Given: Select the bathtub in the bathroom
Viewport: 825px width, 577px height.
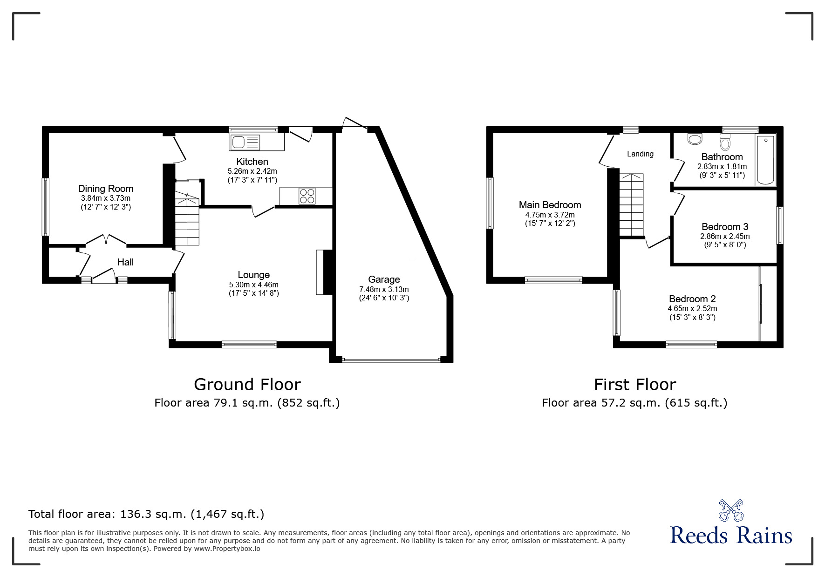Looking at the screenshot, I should click(766, 160).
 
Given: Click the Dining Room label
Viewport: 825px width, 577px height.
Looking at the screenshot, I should click(106, 189).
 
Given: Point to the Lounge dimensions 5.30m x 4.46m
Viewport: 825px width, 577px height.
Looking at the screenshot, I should click(254, 285).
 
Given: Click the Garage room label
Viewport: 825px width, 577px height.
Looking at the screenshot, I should click(384, 279).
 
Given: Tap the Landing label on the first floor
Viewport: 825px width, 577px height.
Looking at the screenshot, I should click(640, 154).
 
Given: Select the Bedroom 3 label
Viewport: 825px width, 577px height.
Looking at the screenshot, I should click(725, 227).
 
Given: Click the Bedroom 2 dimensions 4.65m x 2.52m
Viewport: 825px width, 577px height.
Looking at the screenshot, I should click(692, 308).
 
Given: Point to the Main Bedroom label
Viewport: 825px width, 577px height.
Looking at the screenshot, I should click(550, 205).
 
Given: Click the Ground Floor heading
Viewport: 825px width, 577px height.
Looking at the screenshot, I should click(247, 385).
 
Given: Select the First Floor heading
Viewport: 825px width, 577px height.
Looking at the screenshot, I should click(634, 385).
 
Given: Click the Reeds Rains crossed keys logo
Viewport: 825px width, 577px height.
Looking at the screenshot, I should click(731, 510).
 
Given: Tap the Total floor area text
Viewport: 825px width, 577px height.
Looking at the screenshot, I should click(146, 514).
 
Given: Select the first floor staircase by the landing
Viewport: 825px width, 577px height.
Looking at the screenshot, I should click(631, 205).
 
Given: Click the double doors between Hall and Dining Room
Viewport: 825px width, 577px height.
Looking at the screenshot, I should click(106, 240).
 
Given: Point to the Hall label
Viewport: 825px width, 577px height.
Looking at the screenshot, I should click(125, 262).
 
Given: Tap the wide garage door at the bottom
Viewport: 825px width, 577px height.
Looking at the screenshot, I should click(391, 360).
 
